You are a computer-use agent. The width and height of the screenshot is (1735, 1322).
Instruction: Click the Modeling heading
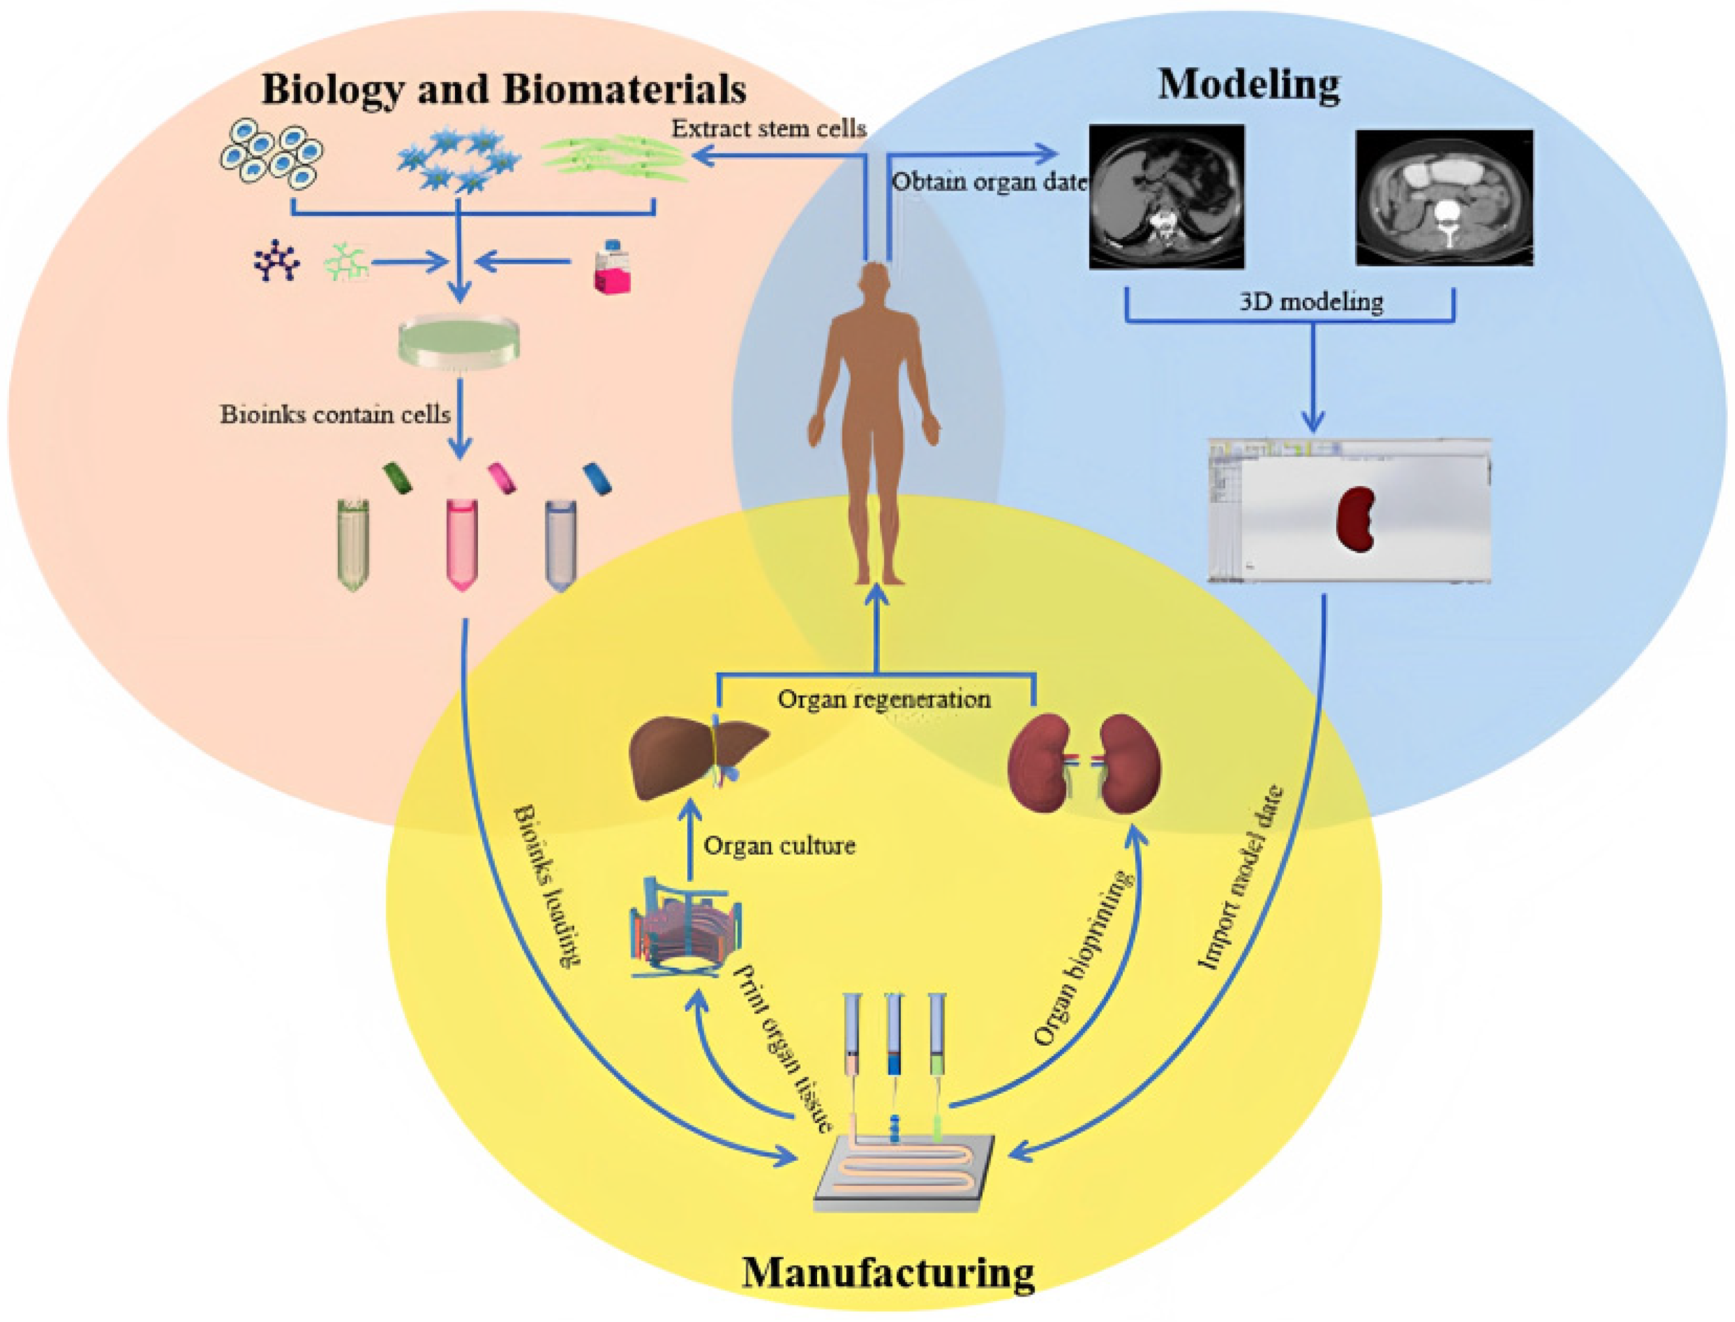tap(1248, 85)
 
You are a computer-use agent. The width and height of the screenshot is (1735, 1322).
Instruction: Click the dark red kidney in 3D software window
tap(1356, 519)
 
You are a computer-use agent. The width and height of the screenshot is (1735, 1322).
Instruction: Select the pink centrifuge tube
tap(461, 542)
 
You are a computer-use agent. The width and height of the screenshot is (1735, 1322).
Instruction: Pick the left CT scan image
tap(1166, 196)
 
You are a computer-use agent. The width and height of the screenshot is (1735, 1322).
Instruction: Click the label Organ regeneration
tap(884, 699)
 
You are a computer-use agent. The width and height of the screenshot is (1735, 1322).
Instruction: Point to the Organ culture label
tap(778, 846)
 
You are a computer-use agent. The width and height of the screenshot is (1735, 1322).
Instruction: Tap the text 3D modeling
tap(1311, 301)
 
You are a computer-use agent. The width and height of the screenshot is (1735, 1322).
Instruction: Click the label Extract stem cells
tap(768, 129)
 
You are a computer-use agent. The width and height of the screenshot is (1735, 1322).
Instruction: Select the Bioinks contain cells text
tap(335, 414)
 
